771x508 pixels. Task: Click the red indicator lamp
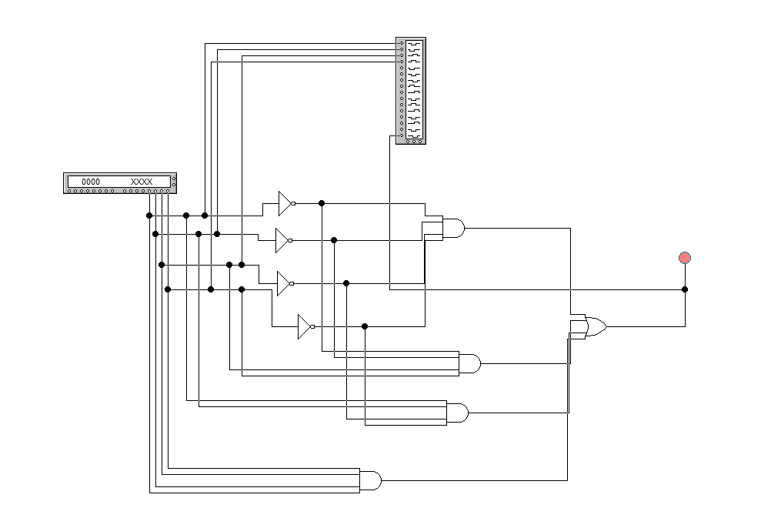click(685, 258)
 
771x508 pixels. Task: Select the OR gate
click(593, 326)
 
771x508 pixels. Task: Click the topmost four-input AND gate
click(452, 228)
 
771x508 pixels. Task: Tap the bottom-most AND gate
click(370, 480)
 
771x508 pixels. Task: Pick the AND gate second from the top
click(469, 363)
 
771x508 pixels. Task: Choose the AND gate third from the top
click(456, 413)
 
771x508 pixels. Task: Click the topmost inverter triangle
click(285, 203)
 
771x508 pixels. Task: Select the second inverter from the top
click(282, 240)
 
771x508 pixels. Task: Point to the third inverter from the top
click(283, 283)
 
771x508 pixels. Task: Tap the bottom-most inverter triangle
click(304, 326)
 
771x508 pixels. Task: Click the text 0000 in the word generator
click(91, 182)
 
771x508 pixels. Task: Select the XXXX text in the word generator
click(142, 182)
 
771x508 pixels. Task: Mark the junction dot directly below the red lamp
click(685, 289)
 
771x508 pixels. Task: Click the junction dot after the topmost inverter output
click(322, 203)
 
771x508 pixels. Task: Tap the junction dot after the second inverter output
click(334, 240)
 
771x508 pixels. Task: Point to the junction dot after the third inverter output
click(346, 283)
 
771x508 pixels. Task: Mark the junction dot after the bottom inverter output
click(365, 326)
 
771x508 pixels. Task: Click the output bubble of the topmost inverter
click(294, 203)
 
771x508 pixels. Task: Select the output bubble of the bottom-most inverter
click(312, 326)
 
